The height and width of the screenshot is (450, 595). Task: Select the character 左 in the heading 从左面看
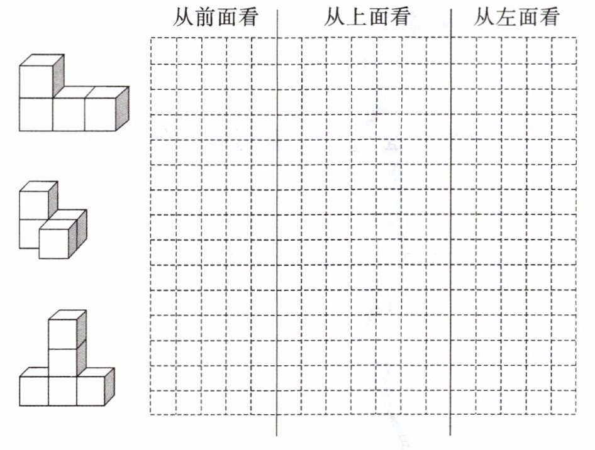(x=506, y=18)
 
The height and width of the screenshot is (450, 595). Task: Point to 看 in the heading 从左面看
(x=549, y=18)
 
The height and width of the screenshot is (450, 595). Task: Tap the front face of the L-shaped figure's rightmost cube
(x=100, y=114)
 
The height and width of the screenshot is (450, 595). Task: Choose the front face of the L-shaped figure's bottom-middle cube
(x=68, y=114)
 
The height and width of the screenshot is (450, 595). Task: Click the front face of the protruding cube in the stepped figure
(x=53, y=243)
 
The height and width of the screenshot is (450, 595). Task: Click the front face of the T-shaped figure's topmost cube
(x=62, y=333)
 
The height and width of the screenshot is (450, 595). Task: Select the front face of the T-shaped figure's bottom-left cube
(x=33, y=390)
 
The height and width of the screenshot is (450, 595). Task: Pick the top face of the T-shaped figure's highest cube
(x=69, y=314)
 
